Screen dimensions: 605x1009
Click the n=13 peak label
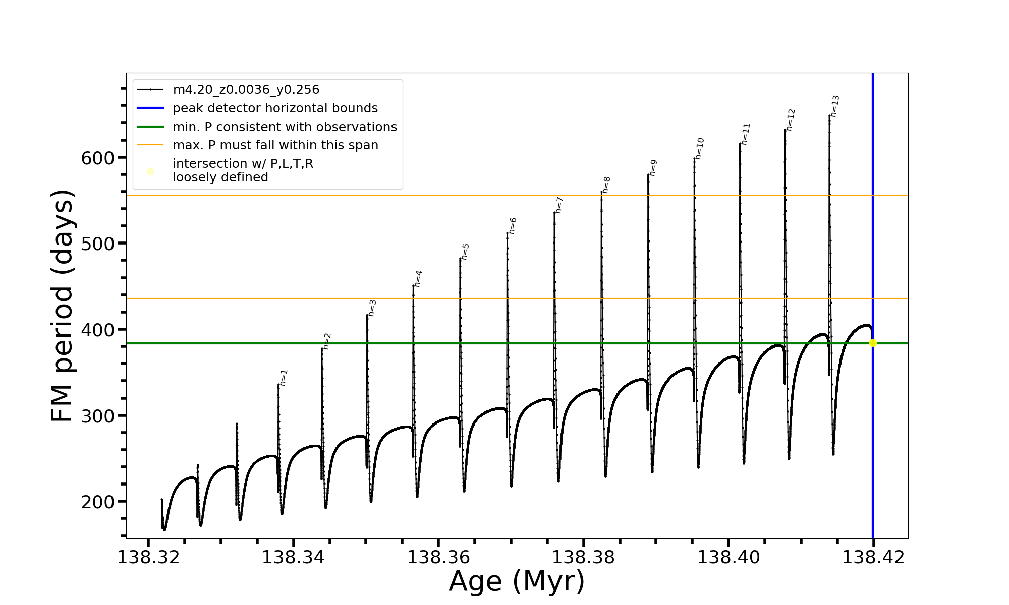click(835, 106)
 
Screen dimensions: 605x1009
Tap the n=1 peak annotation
click(284, 378)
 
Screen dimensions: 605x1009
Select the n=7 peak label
click(559, 205)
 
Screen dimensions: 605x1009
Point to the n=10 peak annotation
click(700, 149)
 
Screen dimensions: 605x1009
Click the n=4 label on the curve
click(418, 279)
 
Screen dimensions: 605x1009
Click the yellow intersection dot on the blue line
click(873, 343)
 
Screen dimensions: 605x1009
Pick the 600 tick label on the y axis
click(98, 158)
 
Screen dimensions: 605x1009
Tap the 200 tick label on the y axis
click(98, 502)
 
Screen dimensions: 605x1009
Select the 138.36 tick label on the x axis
click(438, 558)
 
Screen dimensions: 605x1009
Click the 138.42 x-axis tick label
click(873, 558)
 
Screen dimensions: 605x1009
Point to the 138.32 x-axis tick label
click(148, 558)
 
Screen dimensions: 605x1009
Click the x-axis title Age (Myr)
click(517, 581)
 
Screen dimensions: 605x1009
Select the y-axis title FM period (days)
click(63, 306)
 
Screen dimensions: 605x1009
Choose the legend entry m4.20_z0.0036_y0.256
click(246, 90)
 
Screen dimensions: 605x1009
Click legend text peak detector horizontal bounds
click(275, 108)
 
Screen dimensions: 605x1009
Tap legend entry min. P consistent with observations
click(285, 127)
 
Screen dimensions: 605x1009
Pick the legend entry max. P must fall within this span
click(275, 145)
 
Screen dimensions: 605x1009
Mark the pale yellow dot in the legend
click(150, 172)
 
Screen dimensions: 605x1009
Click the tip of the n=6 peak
click(507, 233)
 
